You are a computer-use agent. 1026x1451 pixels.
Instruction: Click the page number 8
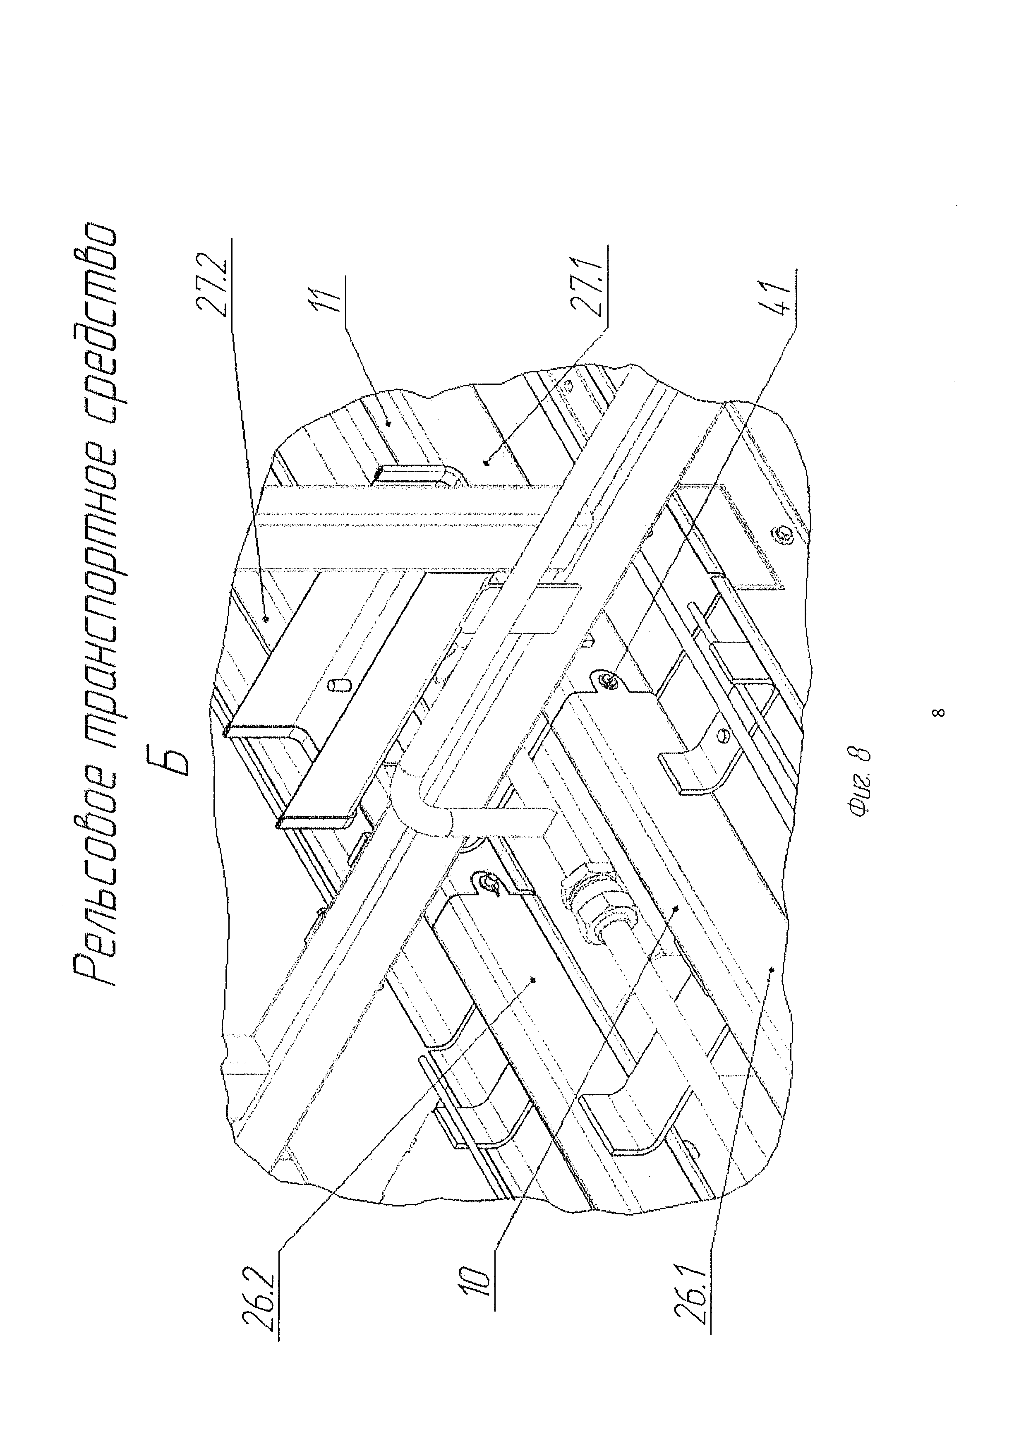[x=940, y=713]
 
